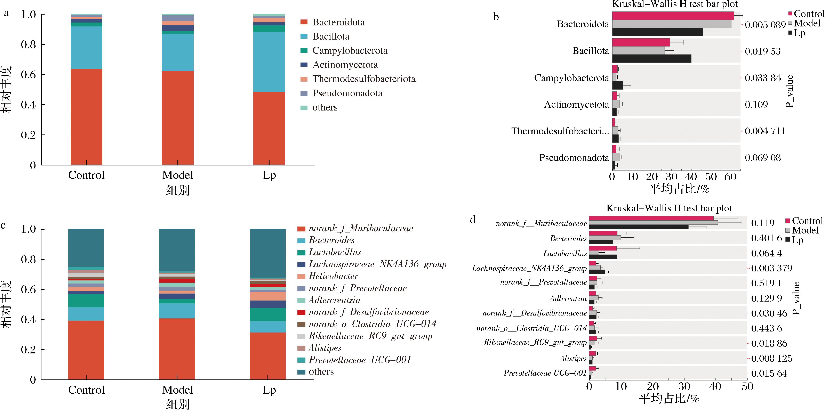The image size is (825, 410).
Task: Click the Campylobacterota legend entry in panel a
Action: click(x=350, y=51)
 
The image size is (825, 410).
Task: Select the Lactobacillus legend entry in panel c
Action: click(x=335, y=252)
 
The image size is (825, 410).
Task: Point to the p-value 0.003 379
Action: click(x=771, y=268)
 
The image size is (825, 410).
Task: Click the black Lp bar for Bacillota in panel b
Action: click(x=651, y=59)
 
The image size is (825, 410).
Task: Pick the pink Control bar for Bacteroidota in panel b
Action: click(x=673, y=16)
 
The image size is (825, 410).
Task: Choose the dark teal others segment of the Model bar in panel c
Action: click(x=177, y=250)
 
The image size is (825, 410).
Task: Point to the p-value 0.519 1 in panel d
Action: click(x=766, y=283)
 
